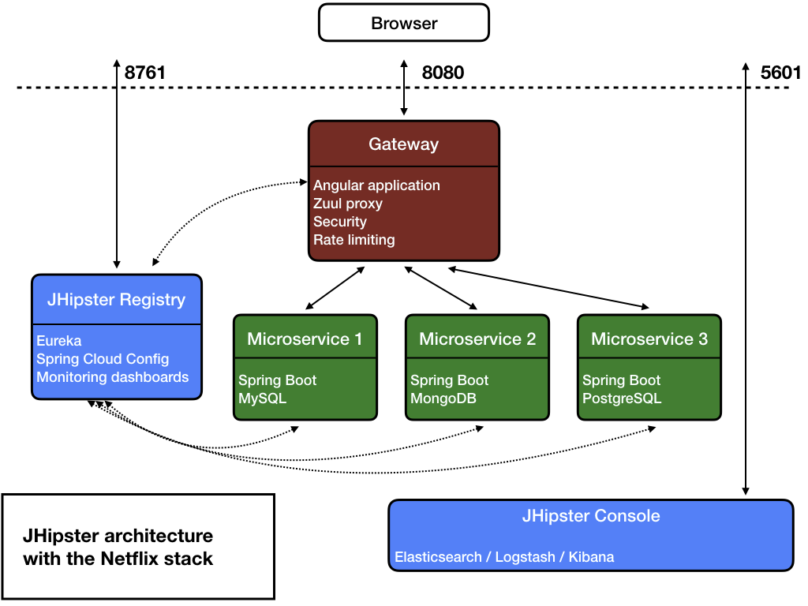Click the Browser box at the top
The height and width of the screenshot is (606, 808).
(404, 23)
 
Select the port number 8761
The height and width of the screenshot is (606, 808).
(145, 73)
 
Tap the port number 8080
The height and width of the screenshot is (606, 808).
(443, 73)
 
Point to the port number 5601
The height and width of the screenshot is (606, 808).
(780, 73)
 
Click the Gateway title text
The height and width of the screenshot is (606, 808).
(403, 144)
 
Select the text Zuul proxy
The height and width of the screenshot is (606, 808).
(348, 204)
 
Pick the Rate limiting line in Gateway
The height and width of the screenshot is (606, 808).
(353, 239)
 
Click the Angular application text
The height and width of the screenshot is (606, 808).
(376, 185)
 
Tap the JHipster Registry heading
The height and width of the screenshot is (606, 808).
(116, 300)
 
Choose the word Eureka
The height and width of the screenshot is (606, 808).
(59, 342)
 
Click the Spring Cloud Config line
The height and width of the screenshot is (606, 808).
(103, 359)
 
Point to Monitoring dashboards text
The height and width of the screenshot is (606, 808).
(113, 377)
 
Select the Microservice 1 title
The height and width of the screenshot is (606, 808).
(305, 339)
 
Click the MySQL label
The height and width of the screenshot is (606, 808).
(262, 398)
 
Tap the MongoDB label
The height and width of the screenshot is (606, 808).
(443, 398)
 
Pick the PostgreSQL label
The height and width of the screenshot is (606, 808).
(622, 398)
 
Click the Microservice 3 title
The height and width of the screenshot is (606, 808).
(649, 339)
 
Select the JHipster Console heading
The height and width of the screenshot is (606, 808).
(590, 517)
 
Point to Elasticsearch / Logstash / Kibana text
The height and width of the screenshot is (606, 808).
(504, 557)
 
